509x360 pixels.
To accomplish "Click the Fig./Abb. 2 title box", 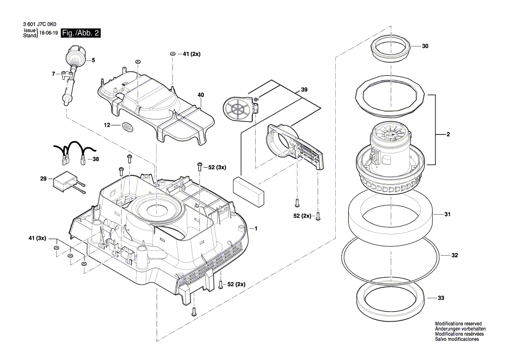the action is (x=81, y=33).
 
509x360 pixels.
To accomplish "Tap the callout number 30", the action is (x=425, y=46).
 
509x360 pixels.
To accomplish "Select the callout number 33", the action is (x=441, y=298).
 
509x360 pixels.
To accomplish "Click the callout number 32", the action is (x=455, y=255).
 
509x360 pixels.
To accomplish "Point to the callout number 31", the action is (x=447, y=214).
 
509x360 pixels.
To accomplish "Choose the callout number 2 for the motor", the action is (x=448, y=134).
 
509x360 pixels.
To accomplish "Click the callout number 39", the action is (x=304, y=90).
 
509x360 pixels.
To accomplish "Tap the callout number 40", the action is (x=201, y=95).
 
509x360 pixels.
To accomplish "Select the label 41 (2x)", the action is (x=192, y=54).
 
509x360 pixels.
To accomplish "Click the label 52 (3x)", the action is (x=217, y=167).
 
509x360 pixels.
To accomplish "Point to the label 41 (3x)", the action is (x=37, y=238).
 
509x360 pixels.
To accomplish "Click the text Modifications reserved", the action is (x=458, y=324).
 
